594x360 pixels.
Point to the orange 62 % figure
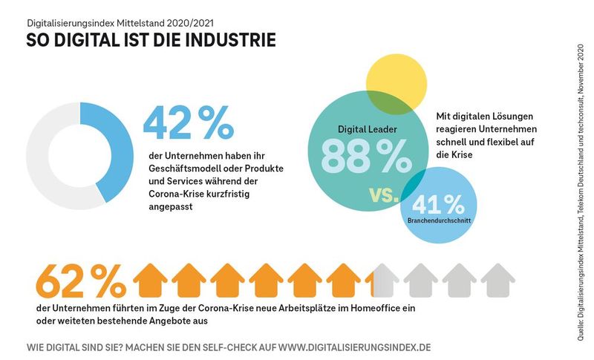tap(80, 281)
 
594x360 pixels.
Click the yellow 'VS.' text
tap(383, 195)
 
